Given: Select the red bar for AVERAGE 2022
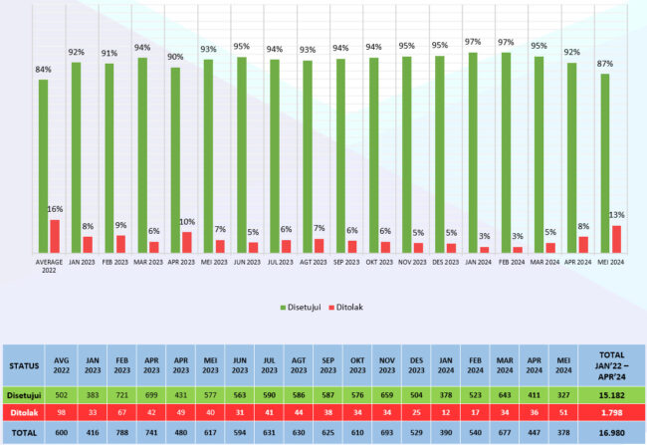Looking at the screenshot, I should (x=55, y=236).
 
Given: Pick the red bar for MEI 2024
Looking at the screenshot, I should (x=617, y=239).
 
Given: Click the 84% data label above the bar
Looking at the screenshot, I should (x=43, y=69).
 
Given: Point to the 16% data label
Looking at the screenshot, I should (x=56, y=210).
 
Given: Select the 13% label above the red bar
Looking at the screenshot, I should (x=617, y=215).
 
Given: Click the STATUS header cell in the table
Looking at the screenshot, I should (x=26, y=363).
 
